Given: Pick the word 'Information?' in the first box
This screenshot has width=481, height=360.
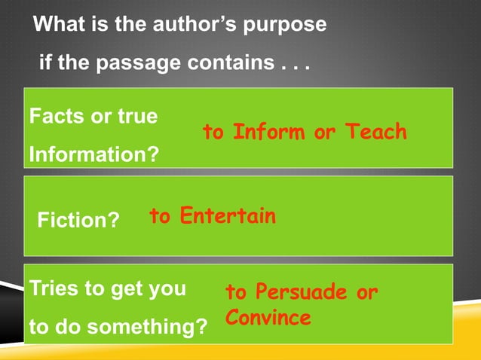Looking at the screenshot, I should tap(94, 156).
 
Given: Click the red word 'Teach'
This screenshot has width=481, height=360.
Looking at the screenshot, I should tap(375, 133).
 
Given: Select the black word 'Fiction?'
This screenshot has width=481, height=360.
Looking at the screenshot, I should tap(78, 221).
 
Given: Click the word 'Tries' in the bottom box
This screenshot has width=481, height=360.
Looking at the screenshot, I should tap(51, 289).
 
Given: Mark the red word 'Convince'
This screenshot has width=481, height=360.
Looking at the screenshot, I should tap(268, 317).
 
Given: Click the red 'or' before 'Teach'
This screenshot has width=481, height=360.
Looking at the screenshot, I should tap(325, 133).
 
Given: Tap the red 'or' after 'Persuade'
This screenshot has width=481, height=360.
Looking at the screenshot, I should tap(367, 292).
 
